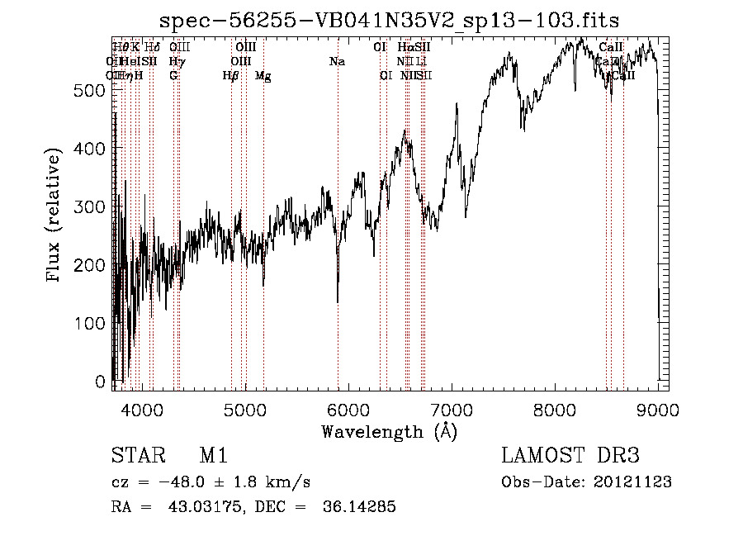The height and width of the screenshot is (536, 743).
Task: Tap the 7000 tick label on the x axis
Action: (x=451, y=410)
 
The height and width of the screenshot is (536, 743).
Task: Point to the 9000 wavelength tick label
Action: (x=658, y=410)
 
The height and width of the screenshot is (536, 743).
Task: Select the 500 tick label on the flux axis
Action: (x=89, y=90)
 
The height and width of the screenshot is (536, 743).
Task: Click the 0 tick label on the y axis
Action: (x=101, y=382)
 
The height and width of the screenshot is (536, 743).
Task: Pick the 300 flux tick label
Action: (x=89, y=206)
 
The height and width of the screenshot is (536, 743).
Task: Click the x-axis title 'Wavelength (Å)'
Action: (x=389, y=431)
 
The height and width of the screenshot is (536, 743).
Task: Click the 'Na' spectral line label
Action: (x=337, y=61)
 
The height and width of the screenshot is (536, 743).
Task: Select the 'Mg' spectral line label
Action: (x=263, y=76)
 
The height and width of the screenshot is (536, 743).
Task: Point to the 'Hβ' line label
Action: (x=231, y=76)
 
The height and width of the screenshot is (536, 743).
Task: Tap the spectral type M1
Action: (x=213, y=457)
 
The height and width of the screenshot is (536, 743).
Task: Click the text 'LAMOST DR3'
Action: (x=570, y=457)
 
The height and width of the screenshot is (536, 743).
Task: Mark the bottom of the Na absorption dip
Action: (x=338, y=302)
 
